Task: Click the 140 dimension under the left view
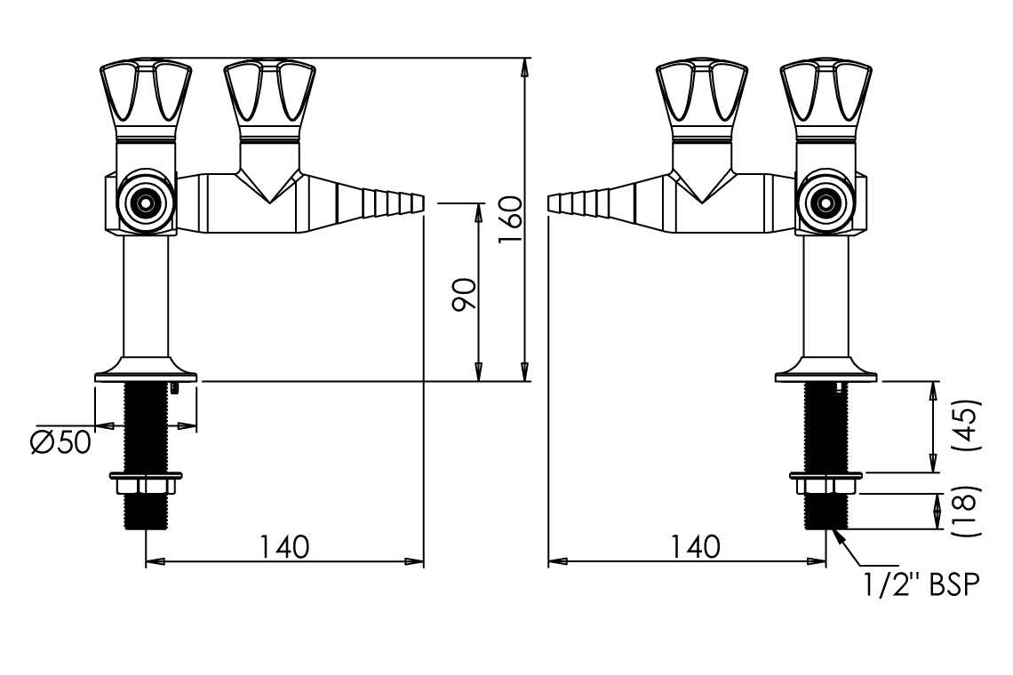click(284, 546)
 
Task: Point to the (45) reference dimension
click(971, 425)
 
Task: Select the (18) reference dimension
click(971, 511)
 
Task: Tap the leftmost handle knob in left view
click(145, 93)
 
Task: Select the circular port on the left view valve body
click(144, 203)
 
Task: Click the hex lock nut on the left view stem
click(145, 485)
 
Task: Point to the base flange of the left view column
click(145, 370)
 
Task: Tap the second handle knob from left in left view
click(267, 93)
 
